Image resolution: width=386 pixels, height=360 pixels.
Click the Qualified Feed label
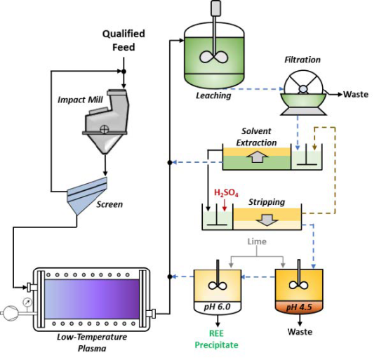[x=124, y=40]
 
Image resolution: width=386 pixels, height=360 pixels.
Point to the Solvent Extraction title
[x=260, y=137]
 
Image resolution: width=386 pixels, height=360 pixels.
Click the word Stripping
[x=267, y=202]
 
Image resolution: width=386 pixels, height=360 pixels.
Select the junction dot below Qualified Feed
[x=124, y=71]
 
